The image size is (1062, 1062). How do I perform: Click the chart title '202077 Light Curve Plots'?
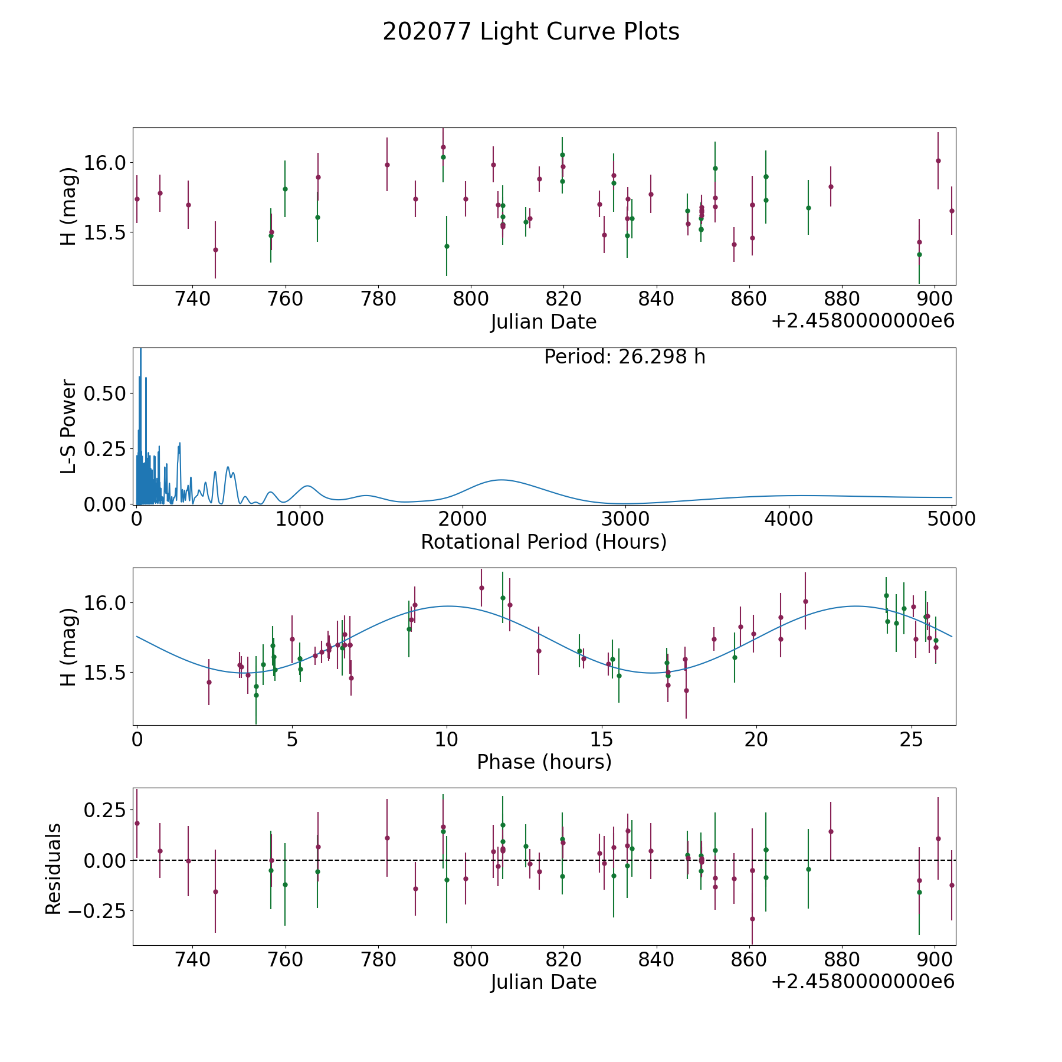531,32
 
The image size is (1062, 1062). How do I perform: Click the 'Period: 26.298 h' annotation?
624,357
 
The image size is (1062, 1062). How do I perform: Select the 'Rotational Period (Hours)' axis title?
543,542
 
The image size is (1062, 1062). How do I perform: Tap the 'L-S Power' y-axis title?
68,426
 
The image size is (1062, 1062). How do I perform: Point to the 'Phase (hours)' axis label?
544,762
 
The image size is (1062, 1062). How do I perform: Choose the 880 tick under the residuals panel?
841,959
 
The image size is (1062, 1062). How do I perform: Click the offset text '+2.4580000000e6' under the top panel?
863,322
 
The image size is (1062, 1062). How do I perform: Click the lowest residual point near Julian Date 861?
752,919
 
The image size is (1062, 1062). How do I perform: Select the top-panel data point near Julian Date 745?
215,250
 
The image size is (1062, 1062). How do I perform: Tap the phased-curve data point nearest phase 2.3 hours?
209,682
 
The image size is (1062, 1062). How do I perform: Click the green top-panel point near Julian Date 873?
808,208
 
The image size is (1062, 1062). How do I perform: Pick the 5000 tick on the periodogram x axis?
952,519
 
